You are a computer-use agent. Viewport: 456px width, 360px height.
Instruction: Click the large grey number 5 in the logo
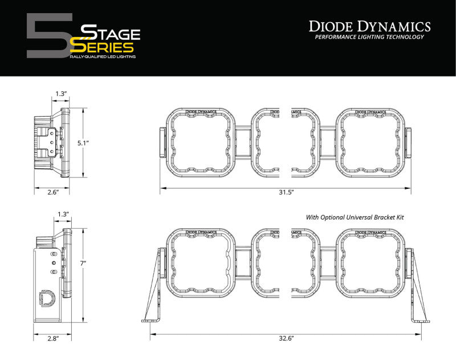tap(48, 35)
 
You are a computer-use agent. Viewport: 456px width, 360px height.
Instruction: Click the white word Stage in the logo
tap(109, 32)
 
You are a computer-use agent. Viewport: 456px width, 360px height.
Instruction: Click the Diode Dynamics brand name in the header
tap(369, 26)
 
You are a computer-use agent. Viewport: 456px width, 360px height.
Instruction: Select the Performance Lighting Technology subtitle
tap(369, 37)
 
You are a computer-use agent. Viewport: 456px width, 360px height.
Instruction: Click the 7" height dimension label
tap(83, 264)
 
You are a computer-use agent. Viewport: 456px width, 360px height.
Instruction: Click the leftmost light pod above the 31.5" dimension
tap(201, 141)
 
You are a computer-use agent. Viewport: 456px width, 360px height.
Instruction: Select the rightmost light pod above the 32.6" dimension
tap(370, 261)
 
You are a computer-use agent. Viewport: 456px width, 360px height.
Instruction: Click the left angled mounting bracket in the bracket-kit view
tap(153, 285)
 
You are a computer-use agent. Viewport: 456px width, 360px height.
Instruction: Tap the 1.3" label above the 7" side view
tap(63, 214)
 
